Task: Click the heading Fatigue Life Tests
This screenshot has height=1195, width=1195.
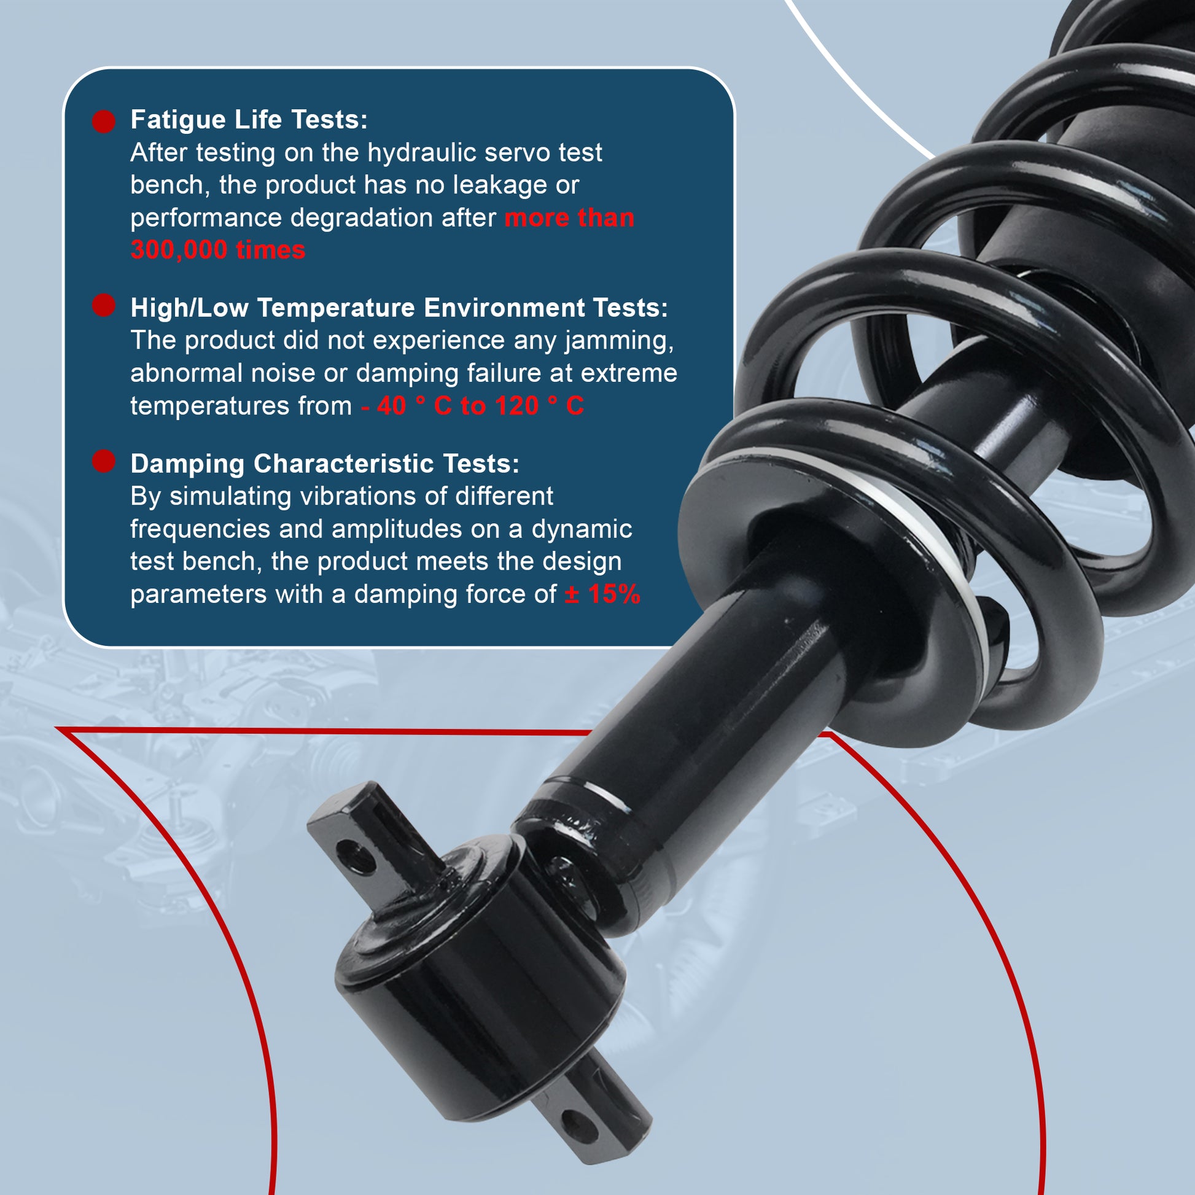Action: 249,120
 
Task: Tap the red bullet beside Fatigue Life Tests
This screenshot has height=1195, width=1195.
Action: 104,121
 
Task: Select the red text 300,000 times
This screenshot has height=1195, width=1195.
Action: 218,251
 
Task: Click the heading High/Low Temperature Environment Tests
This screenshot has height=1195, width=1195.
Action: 399,308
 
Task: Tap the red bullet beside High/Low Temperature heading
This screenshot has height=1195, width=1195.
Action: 104,305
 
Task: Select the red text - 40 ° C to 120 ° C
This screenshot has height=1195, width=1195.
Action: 473,407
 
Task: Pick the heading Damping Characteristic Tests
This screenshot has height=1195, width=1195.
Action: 325,464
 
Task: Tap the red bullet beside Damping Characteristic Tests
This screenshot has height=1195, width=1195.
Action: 104,461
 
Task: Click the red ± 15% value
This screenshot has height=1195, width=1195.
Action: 602,594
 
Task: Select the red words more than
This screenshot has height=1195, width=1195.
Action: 570,219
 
